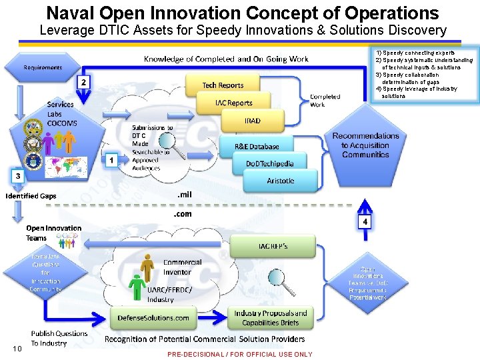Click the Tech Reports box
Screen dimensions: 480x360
click(x=223, y=85)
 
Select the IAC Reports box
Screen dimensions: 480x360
click(x=233, y=103)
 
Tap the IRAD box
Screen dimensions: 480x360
click(x=252, y=121)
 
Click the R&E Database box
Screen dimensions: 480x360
click(x=257, y=146)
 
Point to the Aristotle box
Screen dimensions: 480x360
click(x=280, y=181)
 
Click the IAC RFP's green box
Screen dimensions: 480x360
click(x=273, y=247)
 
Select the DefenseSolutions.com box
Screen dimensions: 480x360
click(x=153, y=317)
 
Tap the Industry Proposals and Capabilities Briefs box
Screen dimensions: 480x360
click(x=270, y=317)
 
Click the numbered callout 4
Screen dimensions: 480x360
click(x=365, y=220)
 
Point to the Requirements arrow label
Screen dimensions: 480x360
click(x=43, y=67)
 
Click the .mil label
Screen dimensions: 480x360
click(x=184, y=194)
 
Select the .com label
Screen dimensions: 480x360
click(x=182, y=214)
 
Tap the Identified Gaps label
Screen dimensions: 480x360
click(x=31, y=196)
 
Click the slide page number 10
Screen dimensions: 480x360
click(x=17, y=349)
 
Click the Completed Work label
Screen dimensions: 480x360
click(x=325, y=100)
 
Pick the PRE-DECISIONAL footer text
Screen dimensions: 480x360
click(x=239, y=354)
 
